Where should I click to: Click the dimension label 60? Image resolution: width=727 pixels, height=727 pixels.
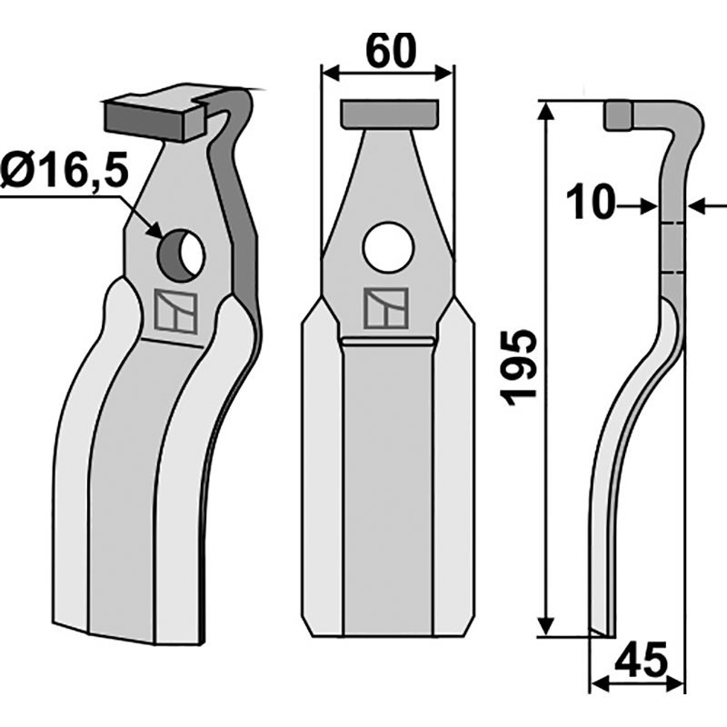(x=389, y=49)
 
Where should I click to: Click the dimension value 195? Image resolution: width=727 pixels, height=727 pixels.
(x=521, y=367)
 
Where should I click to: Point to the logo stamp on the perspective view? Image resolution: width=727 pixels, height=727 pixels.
(x=176, y=311)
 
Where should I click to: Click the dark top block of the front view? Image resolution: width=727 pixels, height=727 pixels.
(x=388, y=115)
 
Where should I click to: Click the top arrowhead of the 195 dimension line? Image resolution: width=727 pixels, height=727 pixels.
(x=546, y=110)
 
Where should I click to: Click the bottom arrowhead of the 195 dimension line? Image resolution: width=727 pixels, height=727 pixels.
(x=546, y=629)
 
